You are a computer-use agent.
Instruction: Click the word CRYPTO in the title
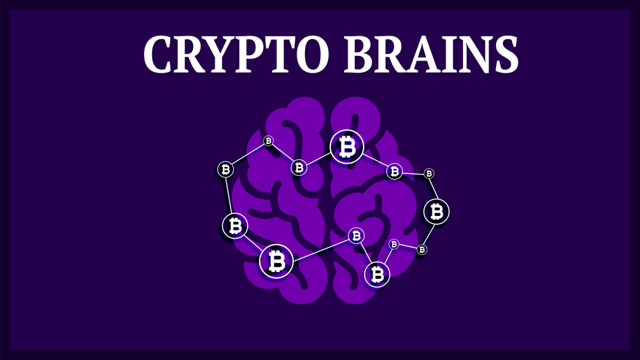[x=236, y=54]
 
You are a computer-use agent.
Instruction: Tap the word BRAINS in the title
[x=431, y=54]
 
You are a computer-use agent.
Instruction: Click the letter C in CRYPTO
[x=159, y=54]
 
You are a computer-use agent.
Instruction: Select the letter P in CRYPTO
[x=251, y=54]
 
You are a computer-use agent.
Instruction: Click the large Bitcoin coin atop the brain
[x=347, y=147]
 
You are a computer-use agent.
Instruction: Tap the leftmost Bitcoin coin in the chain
[x=225, y=169]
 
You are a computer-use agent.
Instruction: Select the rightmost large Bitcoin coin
[x=436, y=212]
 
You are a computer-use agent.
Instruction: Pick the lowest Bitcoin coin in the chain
[x=377, y=274]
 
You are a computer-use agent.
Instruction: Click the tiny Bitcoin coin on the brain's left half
[x=268, y=141]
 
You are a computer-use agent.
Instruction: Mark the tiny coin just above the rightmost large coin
[x=429, y=174]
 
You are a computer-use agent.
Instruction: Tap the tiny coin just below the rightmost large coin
[x=422, y=249]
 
